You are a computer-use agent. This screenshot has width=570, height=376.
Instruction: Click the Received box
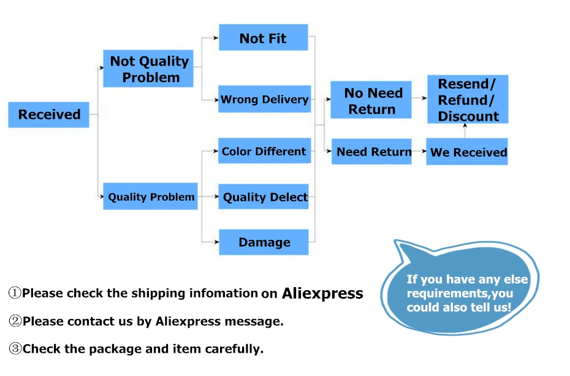coord(48,115)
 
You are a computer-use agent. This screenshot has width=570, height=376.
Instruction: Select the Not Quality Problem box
coord(148,69)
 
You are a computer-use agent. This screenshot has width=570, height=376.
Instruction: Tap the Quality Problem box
coord(150,197)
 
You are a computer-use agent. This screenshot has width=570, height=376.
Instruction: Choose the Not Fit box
coord(263,38)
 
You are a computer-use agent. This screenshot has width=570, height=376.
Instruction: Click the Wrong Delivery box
coord(264,99)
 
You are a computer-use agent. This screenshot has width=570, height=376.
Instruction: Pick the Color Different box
coord(264,151)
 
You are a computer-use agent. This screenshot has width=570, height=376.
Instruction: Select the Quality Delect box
coord(264,197)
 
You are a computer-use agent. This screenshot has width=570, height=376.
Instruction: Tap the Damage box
coord(264,242)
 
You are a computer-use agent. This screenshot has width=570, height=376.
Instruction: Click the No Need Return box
coord(371,100)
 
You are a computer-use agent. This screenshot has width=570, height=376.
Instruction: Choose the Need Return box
coord(371,151)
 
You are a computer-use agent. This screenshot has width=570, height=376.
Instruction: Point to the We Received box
coord(467,152)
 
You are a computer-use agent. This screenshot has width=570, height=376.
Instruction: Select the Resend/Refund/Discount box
coord(468,99)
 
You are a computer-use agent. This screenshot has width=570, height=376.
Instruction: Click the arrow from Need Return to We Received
coord(419,151)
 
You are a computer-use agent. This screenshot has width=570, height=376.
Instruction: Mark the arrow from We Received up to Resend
coord(465,131)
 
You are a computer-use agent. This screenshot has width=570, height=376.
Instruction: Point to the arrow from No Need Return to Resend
coord(419,98)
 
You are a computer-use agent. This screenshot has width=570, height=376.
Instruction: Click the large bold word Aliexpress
coord(322,293)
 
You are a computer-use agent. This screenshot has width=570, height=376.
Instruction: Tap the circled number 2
coord(15,320)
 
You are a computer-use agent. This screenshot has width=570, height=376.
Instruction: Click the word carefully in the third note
coord(234,349)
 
